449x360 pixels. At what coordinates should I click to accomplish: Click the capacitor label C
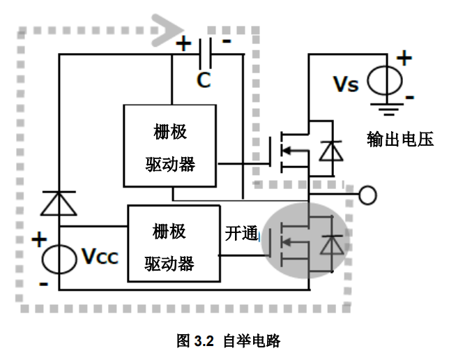(202, 80)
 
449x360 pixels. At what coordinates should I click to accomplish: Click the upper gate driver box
(170, 146)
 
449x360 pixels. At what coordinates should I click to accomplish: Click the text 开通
(241, 234)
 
